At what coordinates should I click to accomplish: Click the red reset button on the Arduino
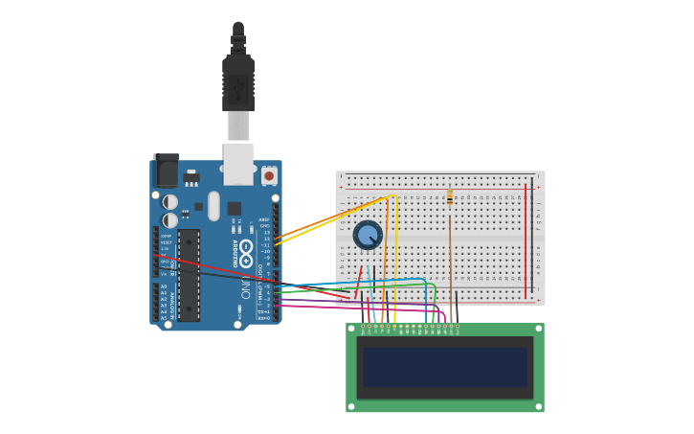coord(269,176)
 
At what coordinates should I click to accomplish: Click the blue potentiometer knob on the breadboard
coord(368,235)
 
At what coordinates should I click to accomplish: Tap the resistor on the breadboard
coord(450,198)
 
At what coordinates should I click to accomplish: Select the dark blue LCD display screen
coord(444,367)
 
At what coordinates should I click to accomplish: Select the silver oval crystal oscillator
coord(213,205)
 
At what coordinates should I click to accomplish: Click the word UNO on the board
coord(246,287)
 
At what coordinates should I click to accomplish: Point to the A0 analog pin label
coord(164,286)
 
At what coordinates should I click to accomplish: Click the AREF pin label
coord(265,218)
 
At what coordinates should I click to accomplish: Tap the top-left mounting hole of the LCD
coord(351,329)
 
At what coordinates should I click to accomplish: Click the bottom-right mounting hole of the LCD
coord(538,406)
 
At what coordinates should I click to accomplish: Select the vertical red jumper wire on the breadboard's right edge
coord(526,235)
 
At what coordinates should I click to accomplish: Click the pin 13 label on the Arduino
coord(267,233)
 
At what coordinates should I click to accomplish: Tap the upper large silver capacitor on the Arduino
coord(170,202)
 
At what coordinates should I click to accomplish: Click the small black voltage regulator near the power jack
coord(191,179)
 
